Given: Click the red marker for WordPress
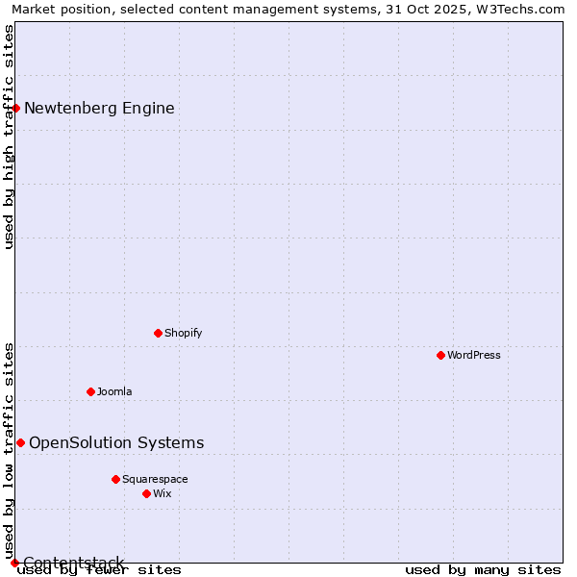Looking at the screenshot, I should click(x=440, y=355).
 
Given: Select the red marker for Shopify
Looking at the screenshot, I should click(x=158, y=333).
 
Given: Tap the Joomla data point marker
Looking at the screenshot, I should click(x=90, y=391).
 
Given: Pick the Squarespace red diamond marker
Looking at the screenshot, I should click(x=115, y=479).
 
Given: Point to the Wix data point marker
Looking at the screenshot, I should click(x=146, y=493).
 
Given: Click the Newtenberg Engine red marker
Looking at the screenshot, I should click(x=16, y=108).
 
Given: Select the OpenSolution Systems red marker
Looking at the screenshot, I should click(x=20, y=442).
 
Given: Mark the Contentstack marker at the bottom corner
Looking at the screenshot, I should click(x=14, y=563).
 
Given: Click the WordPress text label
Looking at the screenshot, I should click(x=474, y=355).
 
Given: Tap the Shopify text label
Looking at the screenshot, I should click(x=183, y=333).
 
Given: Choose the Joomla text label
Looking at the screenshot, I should click(x=114, y=391).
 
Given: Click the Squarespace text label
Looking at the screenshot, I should click(x=155, y=479).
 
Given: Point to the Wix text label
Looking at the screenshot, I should click(x=162, y=493).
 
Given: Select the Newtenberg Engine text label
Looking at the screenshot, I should click(x=99, y=108).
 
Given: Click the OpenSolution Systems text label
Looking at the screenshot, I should click(x=116, y=442).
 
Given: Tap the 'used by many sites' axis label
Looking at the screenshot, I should click(x=483, y=569).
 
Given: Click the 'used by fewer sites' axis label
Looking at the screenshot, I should click(x=99, y=569).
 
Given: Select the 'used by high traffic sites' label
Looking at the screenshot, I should click(x=9, y=137).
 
